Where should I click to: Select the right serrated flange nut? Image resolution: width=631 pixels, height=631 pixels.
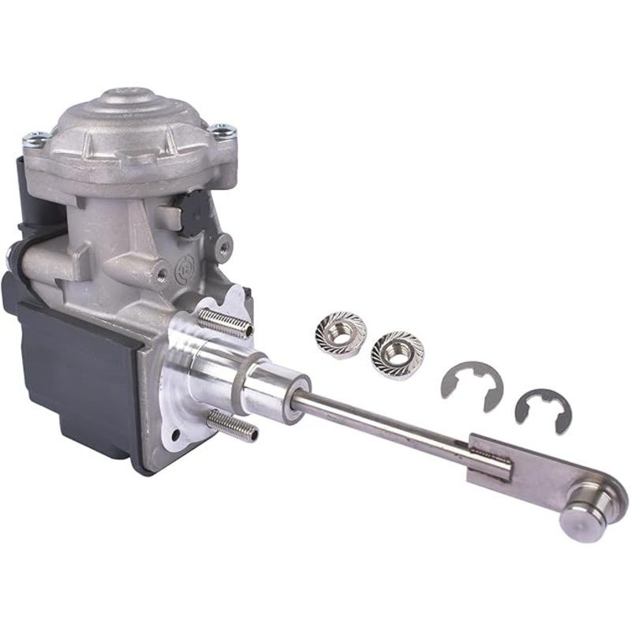397,353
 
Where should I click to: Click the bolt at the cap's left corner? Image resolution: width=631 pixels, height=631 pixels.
36,140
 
